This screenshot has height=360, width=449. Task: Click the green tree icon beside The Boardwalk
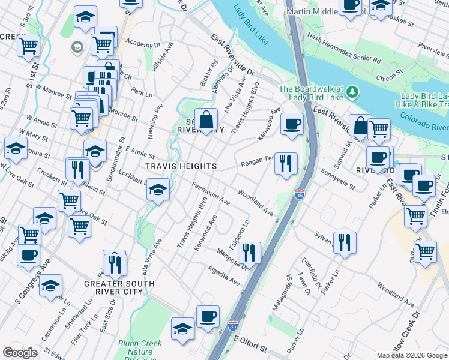point(353,92)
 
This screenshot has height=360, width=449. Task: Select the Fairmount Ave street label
point(211,193)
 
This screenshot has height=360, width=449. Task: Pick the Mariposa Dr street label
point(231,259)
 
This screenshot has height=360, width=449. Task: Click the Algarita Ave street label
point(224,274)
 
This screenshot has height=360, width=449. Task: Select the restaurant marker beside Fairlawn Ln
point(249,253)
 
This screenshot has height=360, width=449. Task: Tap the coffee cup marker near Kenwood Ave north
point(292,124)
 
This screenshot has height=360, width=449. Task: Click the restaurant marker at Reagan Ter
point(286,163)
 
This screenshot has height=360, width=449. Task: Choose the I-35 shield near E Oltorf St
point(233,326)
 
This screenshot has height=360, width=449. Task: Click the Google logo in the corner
point(20,353)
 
